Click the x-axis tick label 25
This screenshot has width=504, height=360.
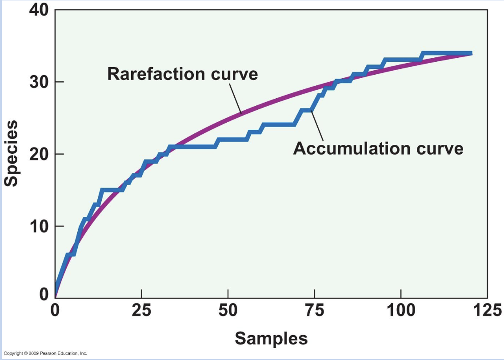click(141, 309)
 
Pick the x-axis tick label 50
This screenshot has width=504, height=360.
click(228, 309)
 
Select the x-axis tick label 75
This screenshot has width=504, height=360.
click(314, 309)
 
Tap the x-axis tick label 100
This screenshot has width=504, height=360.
click(400, 309)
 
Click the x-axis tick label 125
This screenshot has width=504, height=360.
click(487, 309)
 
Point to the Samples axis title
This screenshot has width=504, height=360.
click(271, 339)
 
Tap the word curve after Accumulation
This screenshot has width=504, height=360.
click(440, 148)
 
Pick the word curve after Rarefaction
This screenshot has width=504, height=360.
click(234, 74)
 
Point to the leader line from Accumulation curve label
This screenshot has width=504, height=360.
click(316, 126)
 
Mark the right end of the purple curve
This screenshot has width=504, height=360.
click(471, 53)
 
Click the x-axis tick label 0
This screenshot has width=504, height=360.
click(55, 309)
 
